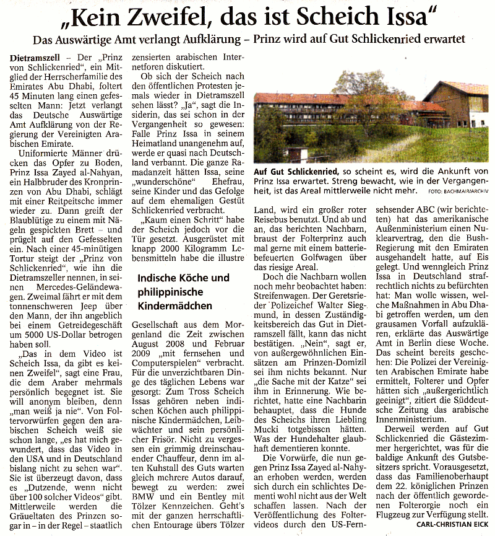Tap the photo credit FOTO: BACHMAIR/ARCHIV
[457, 191]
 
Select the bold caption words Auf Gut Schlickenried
[294, 171]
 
